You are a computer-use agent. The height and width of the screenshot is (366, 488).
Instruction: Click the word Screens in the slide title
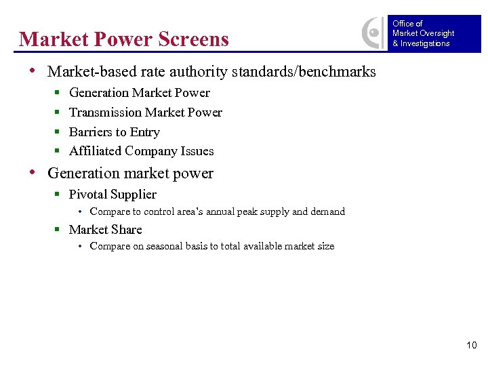tap(193, 39)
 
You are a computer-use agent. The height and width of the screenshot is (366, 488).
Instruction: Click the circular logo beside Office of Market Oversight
tap(373, 33)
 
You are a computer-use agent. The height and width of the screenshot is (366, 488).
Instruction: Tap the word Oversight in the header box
tap(438, 33)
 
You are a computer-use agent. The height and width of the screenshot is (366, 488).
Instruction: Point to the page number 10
tap(472, 346)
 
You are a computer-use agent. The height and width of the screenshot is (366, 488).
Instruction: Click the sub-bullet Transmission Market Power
tap(146, 113)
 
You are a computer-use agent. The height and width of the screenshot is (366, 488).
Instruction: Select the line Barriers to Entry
tap(115, 132)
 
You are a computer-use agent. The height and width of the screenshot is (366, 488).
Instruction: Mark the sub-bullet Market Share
tap(106, 229)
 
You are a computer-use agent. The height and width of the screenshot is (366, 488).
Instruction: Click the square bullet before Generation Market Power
tap(58, 94)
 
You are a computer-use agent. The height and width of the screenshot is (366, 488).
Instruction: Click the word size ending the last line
tap(325, 246)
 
